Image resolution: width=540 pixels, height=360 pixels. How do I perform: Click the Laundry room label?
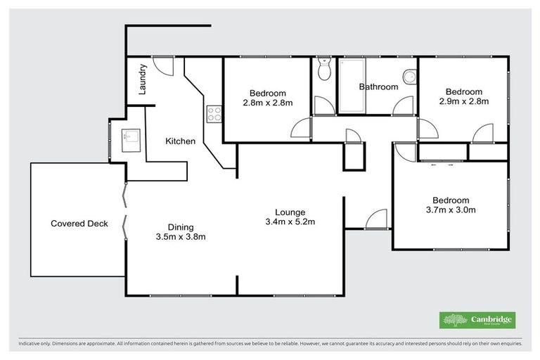(x=143, y=79)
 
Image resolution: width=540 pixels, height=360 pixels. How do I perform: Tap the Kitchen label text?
(x=180, y=141)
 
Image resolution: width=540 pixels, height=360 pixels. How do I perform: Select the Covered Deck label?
(x=79, y=224)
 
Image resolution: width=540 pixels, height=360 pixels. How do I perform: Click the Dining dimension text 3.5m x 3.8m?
(x=181, y=237)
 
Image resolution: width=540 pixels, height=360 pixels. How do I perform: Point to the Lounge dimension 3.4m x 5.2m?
(x=290, y=223)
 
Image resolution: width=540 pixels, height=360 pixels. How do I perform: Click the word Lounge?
(x=289, y=212)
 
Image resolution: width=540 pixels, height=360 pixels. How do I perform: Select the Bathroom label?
(x=378, y=87)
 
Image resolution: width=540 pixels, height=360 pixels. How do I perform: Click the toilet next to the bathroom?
(x=323, y=70)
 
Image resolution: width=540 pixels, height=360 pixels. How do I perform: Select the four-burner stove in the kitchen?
(x=214, y=113)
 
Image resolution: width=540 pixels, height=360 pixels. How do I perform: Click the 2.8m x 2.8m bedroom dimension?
(x=267, y=103)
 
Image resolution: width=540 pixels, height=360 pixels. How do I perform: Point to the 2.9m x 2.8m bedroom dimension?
(x=463, y=102)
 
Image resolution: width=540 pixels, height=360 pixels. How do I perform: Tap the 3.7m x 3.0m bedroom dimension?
(x=451, y=210)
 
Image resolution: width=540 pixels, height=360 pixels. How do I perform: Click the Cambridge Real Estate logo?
(x=477, y=320)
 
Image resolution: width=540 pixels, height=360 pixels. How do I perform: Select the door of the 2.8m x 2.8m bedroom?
(x=301, y=129)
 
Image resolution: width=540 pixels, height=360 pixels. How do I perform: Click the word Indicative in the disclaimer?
(x=30, y=344)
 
